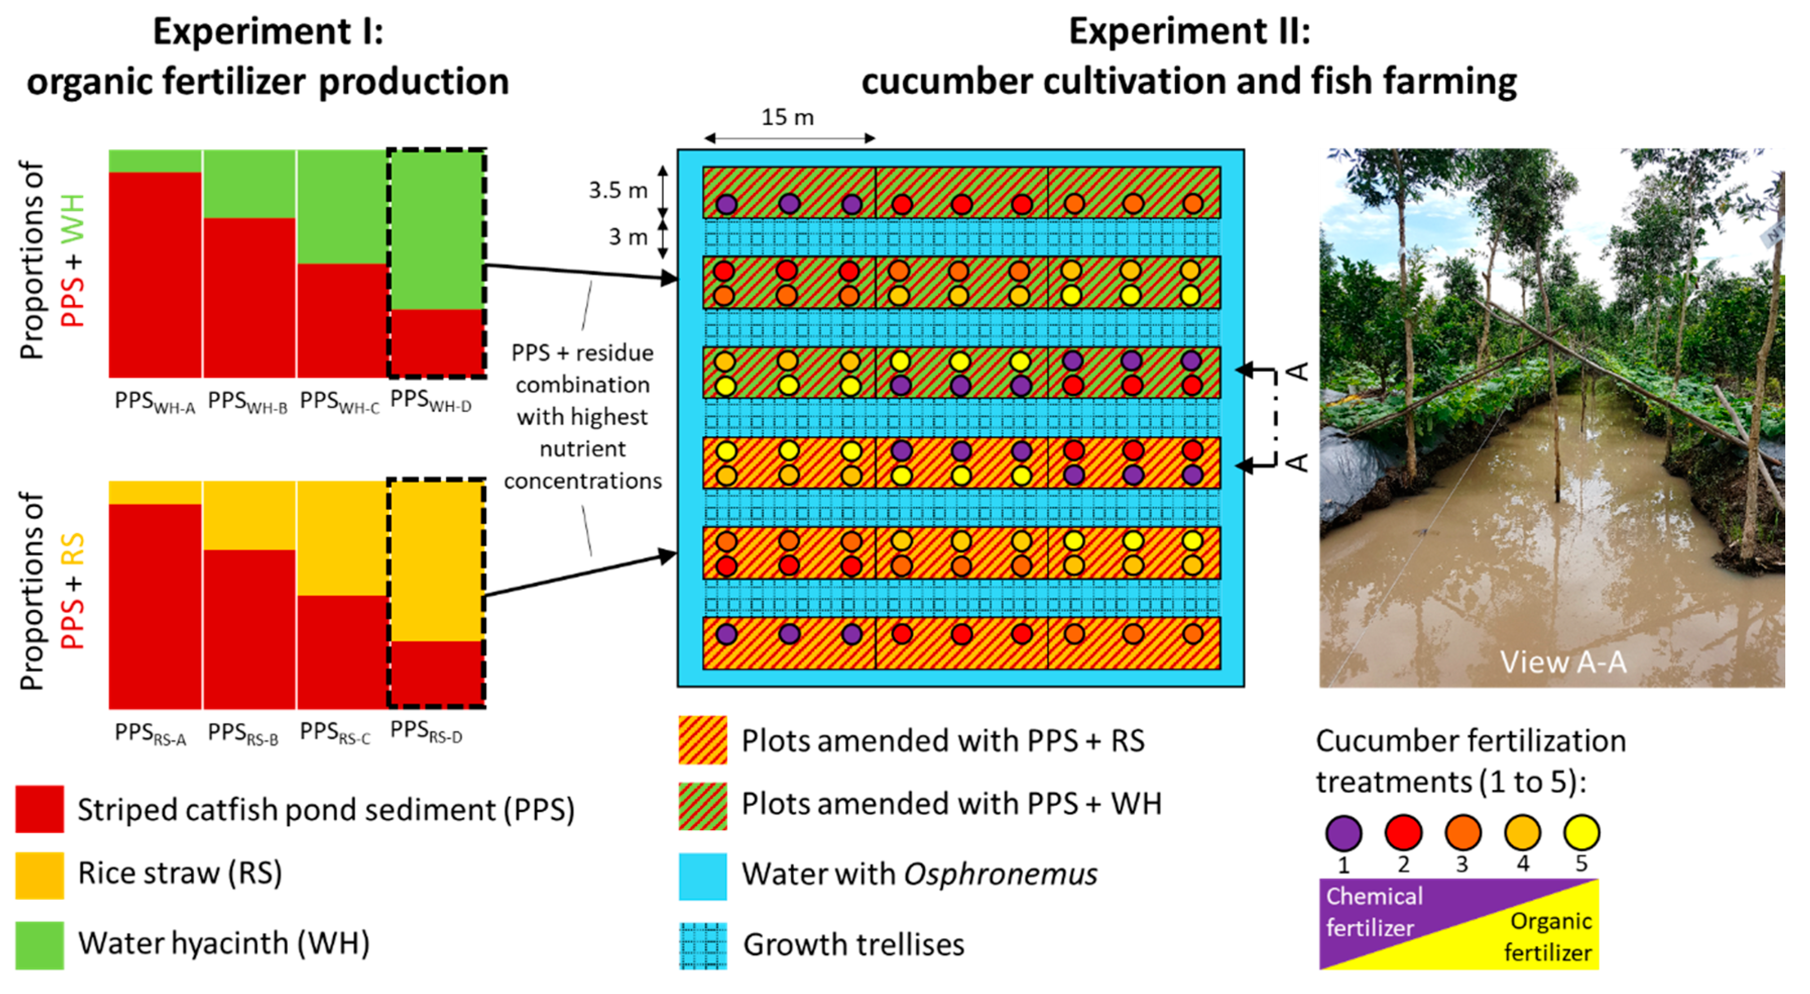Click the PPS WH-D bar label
pyautogui.click(x=430, y=401)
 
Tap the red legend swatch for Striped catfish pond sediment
pyautogui.click(x=39, y=809)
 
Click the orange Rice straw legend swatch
pyautogui.click(x=39, y=875)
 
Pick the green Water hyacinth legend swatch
pyautogui.click(x=39, y=945)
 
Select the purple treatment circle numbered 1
pyautogui.click(x=1343, y=833)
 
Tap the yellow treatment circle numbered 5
pyautogui.click(x=1581, y=833)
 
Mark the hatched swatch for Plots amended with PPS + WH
pyautogui.click(x=703, y=805)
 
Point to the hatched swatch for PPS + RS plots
pyautogui.click(x=703, y=739)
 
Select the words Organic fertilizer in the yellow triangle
pyautogui.click(x=1549, y=937)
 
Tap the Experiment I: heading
pyautogui.click(x=268, y=32)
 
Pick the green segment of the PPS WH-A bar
pyautogui.click(x=155, y=161)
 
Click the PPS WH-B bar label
pyautogui.click(x=248, y=401)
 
